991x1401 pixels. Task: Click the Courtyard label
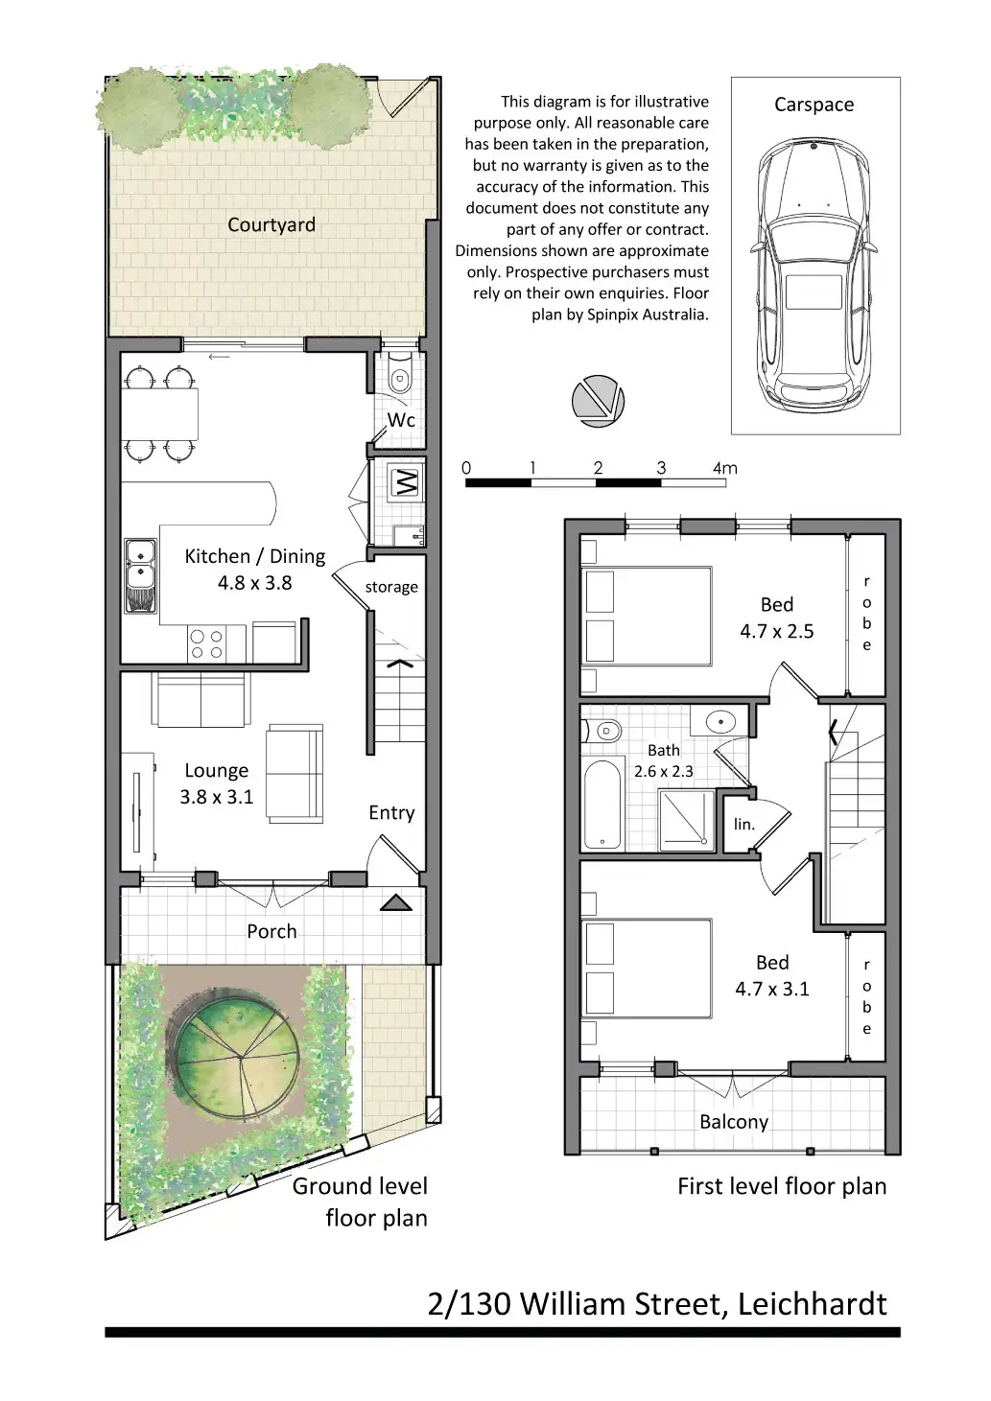tap(271, 225)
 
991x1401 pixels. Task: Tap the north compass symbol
tap(598, 401)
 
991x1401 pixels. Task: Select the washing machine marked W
tap(406, 482)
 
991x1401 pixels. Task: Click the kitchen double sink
tap(140, 575)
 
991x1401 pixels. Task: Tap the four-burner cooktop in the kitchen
tap(206, 644)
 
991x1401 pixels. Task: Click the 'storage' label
tap(391, 587)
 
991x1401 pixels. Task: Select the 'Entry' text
tap(391, 812)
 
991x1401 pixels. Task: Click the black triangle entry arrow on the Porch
tap(395, 902)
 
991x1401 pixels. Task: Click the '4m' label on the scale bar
tap(725, 468)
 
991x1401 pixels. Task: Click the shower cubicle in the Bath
tap(686, 820)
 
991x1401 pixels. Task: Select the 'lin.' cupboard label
tap(743, 825)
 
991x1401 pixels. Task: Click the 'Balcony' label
tap(734, 1121)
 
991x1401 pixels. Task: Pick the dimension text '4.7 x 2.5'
tap(777, 631)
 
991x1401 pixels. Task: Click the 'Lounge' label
tap(217, 771)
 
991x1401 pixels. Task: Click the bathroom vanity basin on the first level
tap(720, 721)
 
